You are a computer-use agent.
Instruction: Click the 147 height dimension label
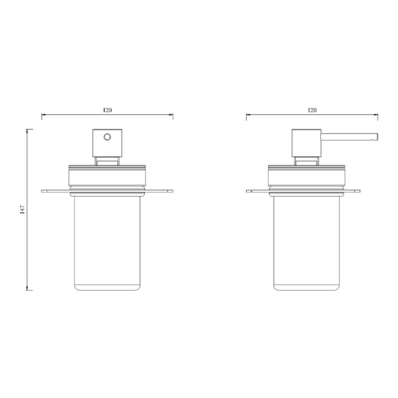[23, 210]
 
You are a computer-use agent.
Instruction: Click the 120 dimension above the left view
[107, 110]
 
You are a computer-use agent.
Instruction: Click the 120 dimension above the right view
[312, 110]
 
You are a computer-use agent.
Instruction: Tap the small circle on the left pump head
[107, 137]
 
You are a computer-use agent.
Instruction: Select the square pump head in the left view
[107, 143]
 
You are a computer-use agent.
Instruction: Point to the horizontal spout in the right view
[349, 136]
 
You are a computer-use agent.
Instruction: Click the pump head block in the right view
[306, 143]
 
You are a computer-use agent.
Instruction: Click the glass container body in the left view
[107, 243]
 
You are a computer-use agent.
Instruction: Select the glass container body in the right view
[306, 243]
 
